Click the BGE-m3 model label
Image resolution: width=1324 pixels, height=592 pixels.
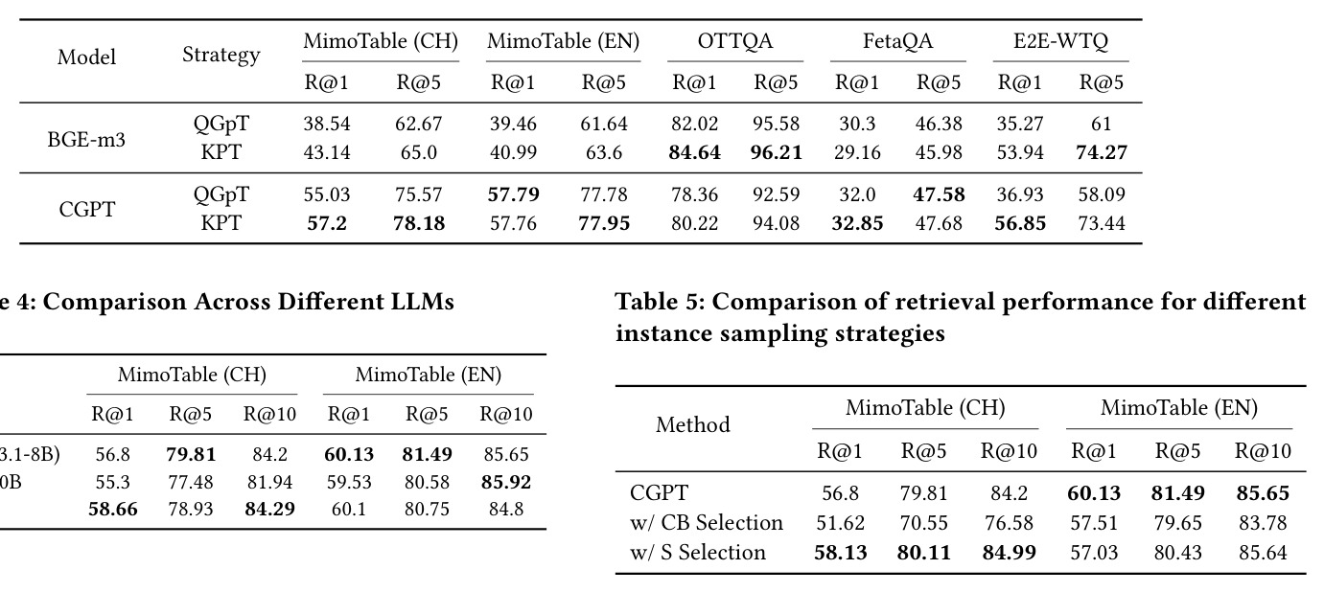click(x=86, y=140)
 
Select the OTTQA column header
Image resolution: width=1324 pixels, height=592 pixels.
click(x=735, y=41)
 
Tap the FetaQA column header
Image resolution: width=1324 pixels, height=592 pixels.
click(x=897, y=41)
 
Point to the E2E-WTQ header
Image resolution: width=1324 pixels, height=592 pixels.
click(x=1061, y=41)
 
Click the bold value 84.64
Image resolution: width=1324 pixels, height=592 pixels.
click(x=694, y=152)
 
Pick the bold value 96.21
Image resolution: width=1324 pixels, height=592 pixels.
click(x=776, y=152)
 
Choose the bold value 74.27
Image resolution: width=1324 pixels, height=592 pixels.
click(x=1102, y=152)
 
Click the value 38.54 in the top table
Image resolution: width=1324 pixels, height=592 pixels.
click(x=327, y=124)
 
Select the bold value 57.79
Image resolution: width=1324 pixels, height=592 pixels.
click(x=513, y=194)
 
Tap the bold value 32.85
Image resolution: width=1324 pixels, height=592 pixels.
click(x=857, y=223)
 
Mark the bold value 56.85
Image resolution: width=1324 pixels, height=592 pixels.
click(x=1020, y=223)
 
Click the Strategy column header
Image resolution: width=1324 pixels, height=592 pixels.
click(x=221, y=55)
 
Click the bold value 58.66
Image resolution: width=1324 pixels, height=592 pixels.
click(x=113, y=509)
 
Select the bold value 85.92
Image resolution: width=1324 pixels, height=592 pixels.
click(x=506, y=482)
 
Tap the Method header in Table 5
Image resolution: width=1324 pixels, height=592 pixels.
click(x=693, y=424)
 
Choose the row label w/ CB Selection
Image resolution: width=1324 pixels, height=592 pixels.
click(x=707, y=522)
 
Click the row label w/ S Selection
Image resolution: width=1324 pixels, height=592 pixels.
click(x=697, y=552)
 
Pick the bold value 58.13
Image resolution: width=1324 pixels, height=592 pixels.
click(x=841, y=553)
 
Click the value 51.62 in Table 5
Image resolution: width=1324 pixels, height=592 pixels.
click(x=841, y=523)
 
